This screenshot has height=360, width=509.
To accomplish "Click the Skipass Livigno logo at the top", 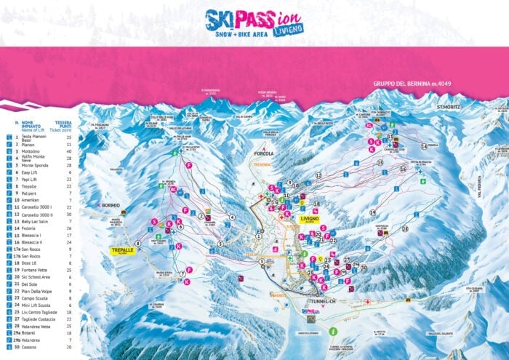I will [254, 23].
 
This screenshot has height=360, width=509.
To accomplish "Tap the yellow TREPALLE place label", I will [121, 249].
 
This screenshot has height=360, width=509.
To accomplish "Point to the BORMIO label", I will [110, 206].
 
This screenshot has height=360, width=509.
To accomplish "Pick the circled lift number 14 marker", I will [423, 147].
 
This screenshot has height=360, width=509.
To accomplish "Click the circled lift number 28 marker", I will [404, 228].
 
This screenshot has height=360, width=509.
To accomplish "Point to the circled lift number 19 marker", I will [372, 212].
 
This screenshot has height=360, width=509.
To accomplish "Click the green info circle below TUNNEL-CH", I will [332, 331].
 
